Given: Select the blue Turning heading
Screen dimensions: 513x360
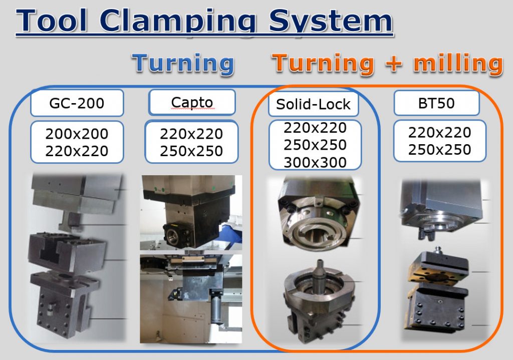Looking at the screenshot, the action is point(183,64).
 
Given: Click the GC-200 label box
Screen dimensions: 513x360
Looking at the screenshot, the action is point(77,103).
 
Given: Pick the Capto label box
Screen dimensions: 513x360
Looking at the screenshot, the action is point(192,102).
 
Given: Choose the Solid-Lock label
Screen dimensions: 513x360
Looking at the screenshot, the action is point(313,104).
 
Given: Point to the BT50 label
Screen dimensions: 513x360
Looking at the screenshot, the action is point(436,103).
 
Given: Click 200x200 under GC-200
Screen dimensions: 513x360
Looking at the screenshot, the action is point(77,134).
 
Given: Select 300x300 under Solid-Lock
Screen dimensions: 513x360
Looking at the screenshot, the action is point(315,163).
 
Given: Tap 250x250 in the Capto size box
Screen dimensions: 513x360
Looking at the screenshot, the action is point(191,151).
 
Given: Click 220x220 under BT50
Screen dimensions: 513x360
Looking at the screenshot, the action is point(439,132).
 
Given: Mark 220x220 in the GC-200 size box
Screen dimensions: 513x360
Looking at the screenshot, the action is point(77,151).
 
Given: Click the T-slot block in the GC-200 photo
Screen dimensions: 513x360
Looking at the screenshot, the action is point(67,252).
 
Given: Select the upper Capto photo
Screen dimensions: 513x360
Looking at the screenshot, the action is point(191,212).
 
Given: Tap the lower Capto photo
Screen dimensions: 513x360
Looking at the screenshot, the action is point(191,299).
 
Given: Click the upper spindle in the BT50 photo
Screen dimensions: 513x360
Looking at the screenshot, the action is point(442,209).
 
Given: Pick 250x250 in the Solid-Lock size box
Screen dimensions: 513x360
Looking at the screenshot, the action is point(315,145).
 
